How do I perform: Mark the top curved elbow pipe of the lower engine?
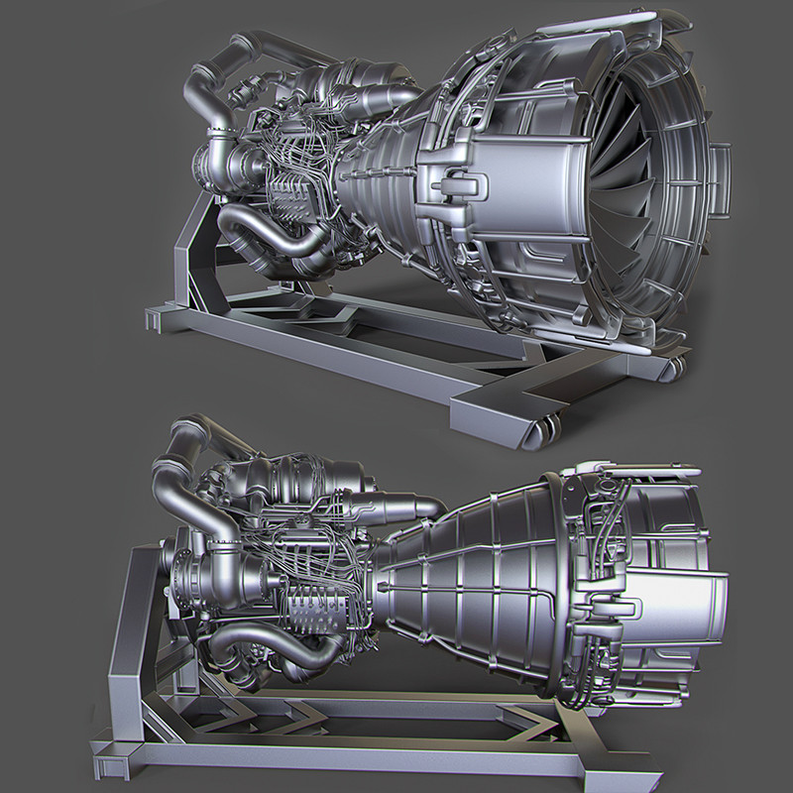178,446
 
